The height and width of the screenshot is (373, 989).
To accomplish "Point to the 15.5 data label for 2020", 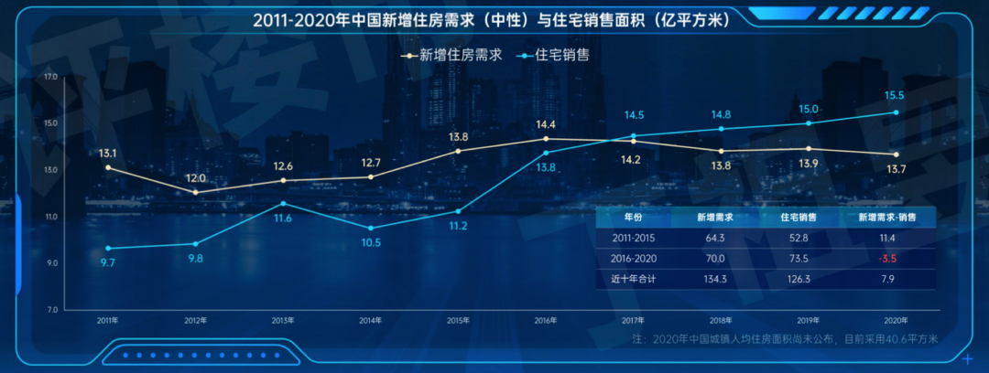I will point(895,96).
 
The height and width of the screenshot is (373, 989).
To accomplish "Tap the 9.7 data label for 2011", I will point(108,263).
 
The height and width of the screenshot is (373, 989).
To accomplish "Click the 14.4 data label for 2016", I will point(546,124).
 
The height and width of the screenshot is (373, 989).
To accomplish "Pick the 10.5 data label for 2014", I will point(370,243).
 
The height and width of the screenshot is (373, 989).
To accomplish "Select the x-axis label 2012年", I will point(195,320).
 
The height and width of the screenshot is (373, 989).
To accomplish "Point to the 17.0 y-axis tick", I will point(50,77).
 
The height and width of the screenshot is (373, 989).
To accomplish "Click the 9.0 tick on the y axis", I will point(51,263).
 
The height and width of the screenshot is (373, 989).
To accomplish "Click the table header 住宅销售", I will point(799,218).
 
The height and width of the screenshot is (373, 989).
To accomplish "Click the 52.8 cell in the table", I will point(799,239).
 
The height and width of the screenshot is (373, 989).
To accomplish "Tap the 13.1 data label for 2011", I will point(108,154).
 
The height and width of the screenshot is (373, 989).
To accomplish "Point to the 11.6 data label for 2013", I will point(283,218).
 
